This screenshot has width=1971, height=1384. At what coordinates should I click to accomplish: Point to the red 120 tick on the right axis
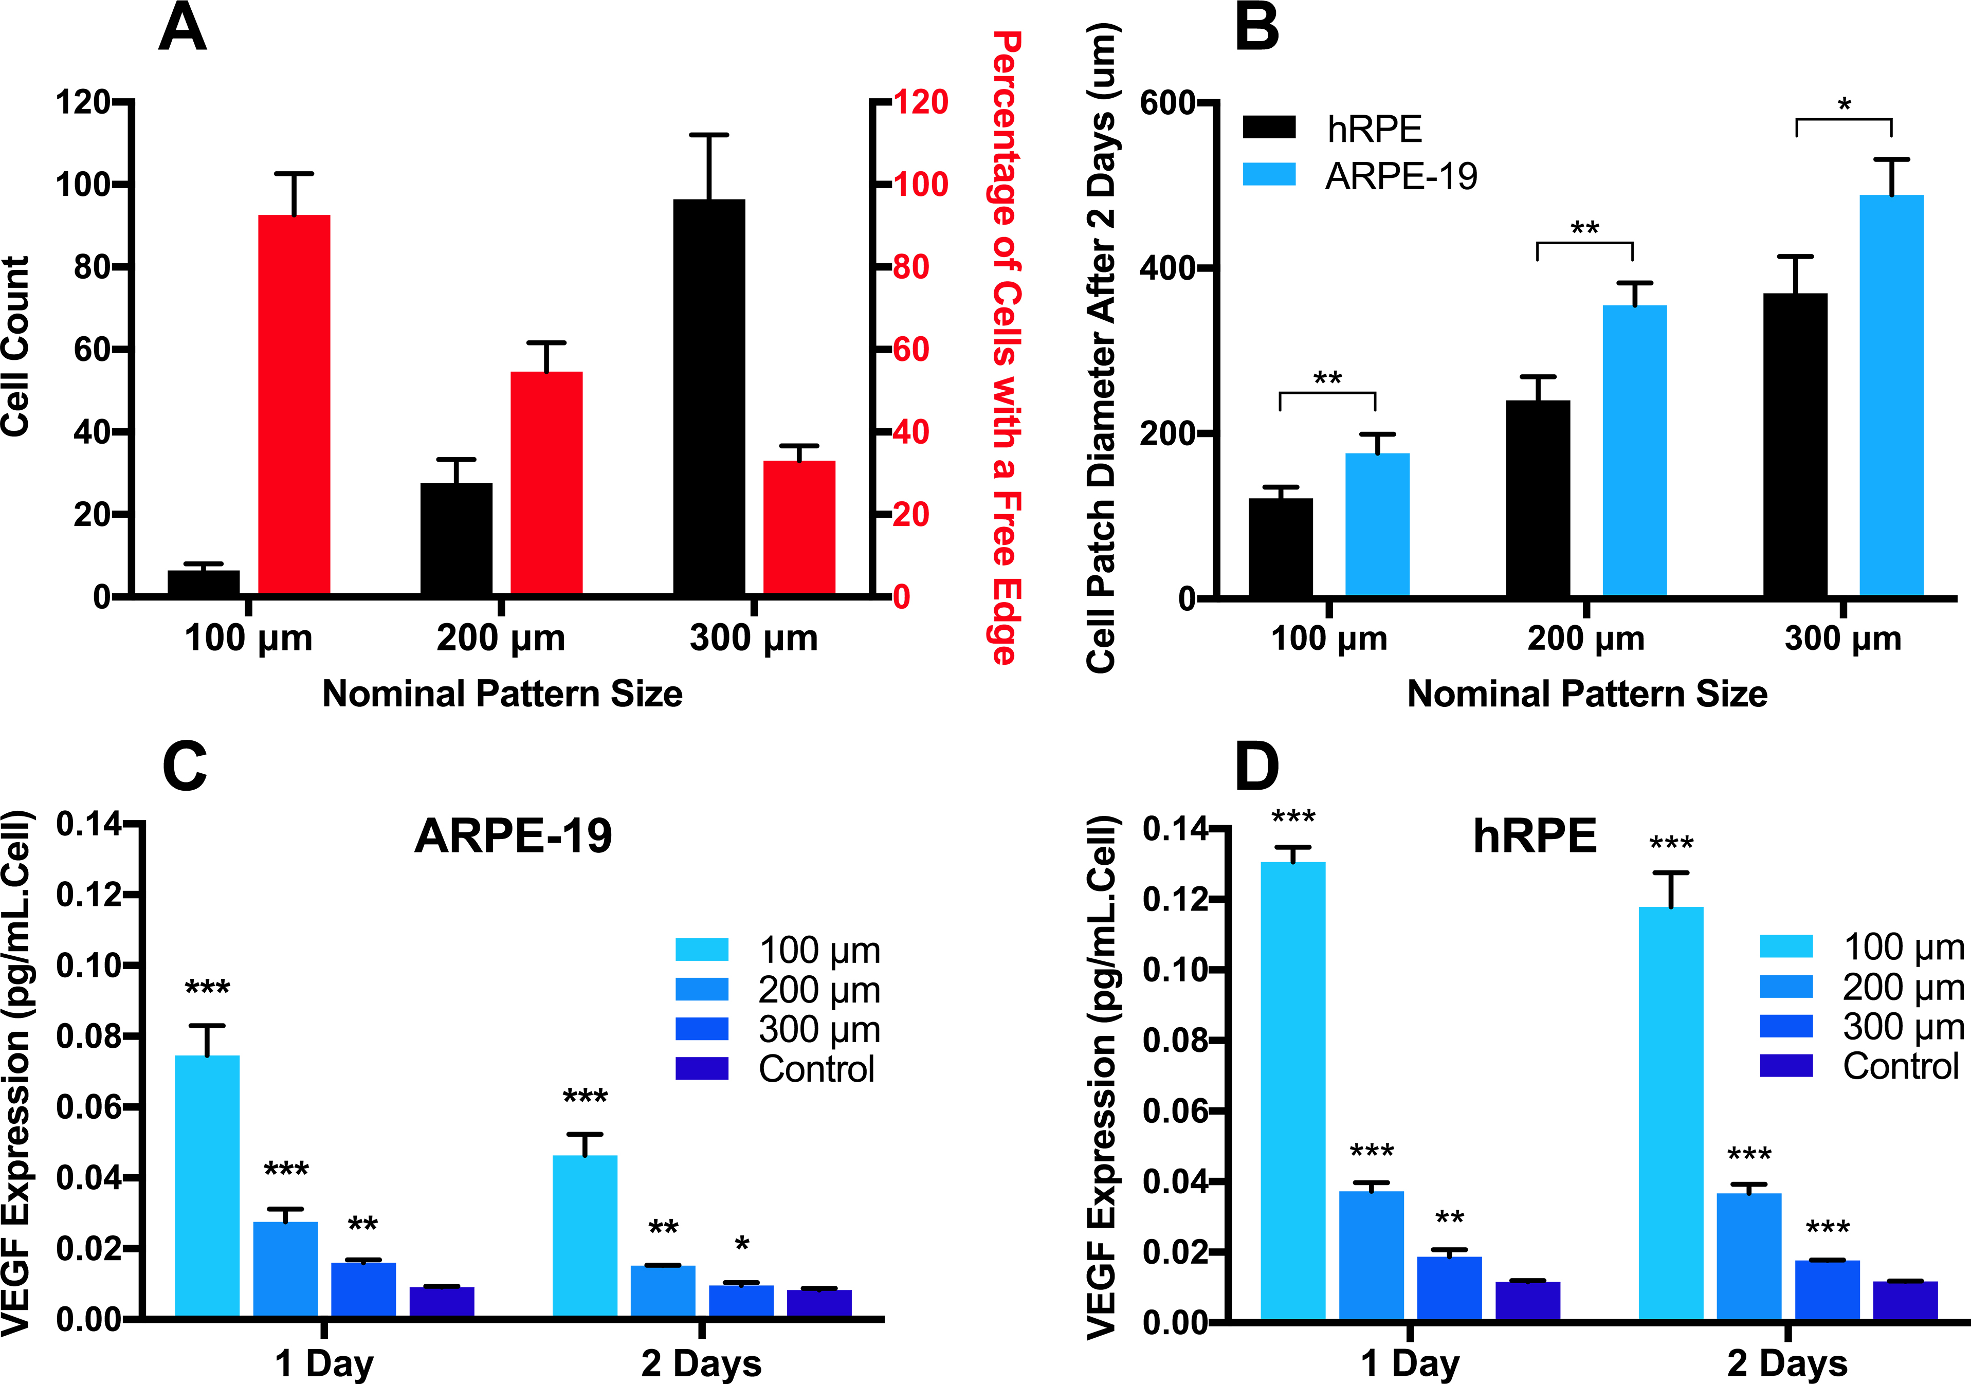pos(920,102)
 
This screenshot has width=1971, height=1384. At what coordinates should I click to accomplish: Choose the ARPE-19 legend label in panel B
pos(1401,176)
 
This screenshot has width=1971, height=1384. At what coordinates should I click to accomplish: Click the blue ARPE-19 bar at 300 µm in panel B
pos(1891,395)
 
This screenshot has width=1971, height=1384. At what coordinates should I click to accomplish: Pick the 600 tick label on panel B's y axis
pos(1167,103)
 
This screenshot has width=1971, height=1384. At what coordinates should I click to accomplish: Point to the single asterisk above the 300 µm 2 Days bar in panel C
pos(742,1244)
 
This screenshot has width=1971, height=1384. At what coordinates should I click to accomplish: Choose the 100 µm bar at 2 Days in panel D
pos(1671,1112)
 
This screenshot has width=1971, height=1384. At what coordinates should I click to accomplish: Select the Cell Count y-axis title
pos(15,346)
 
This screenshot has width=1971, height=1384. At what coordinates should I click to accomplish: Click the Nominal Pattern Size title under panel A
pos(502,693)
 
